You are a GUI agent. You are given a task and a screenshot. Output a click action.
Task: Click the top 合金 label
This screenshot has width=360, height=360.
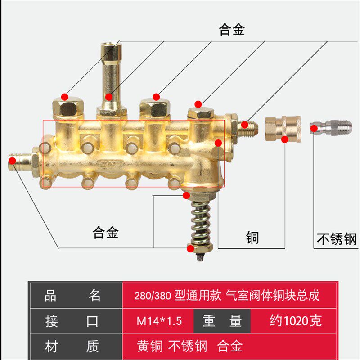point(232,30)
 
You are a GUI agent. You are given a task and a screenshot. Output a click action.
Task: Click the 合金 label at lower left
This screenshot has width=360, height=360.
point(105,233)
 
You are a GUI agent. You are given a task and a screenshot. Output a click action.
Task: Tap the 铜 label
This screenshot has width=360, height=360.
point(252,237)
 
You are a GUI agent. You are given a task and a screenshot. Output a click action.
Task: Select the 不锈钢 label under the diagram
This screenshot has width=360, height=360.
point(337,238)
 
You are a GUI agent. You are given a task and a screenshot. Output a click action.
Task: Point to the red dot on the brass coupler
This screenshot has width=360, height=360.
point(284,139)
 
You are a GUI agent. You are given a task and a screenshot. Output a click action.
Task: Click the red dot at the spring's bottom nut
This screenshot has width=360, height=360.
point(191,248)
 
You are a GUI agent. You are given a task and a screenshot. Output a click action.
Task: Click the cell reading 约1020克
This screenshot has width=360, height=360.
point(296,321)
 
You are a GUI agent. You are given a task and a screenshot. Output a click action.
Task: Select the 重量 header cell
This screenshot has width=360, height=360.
point(222,321)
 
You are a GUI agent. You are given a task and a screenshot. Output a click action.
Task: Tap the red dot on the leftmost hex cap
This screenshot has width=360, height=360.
point(65,97)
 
